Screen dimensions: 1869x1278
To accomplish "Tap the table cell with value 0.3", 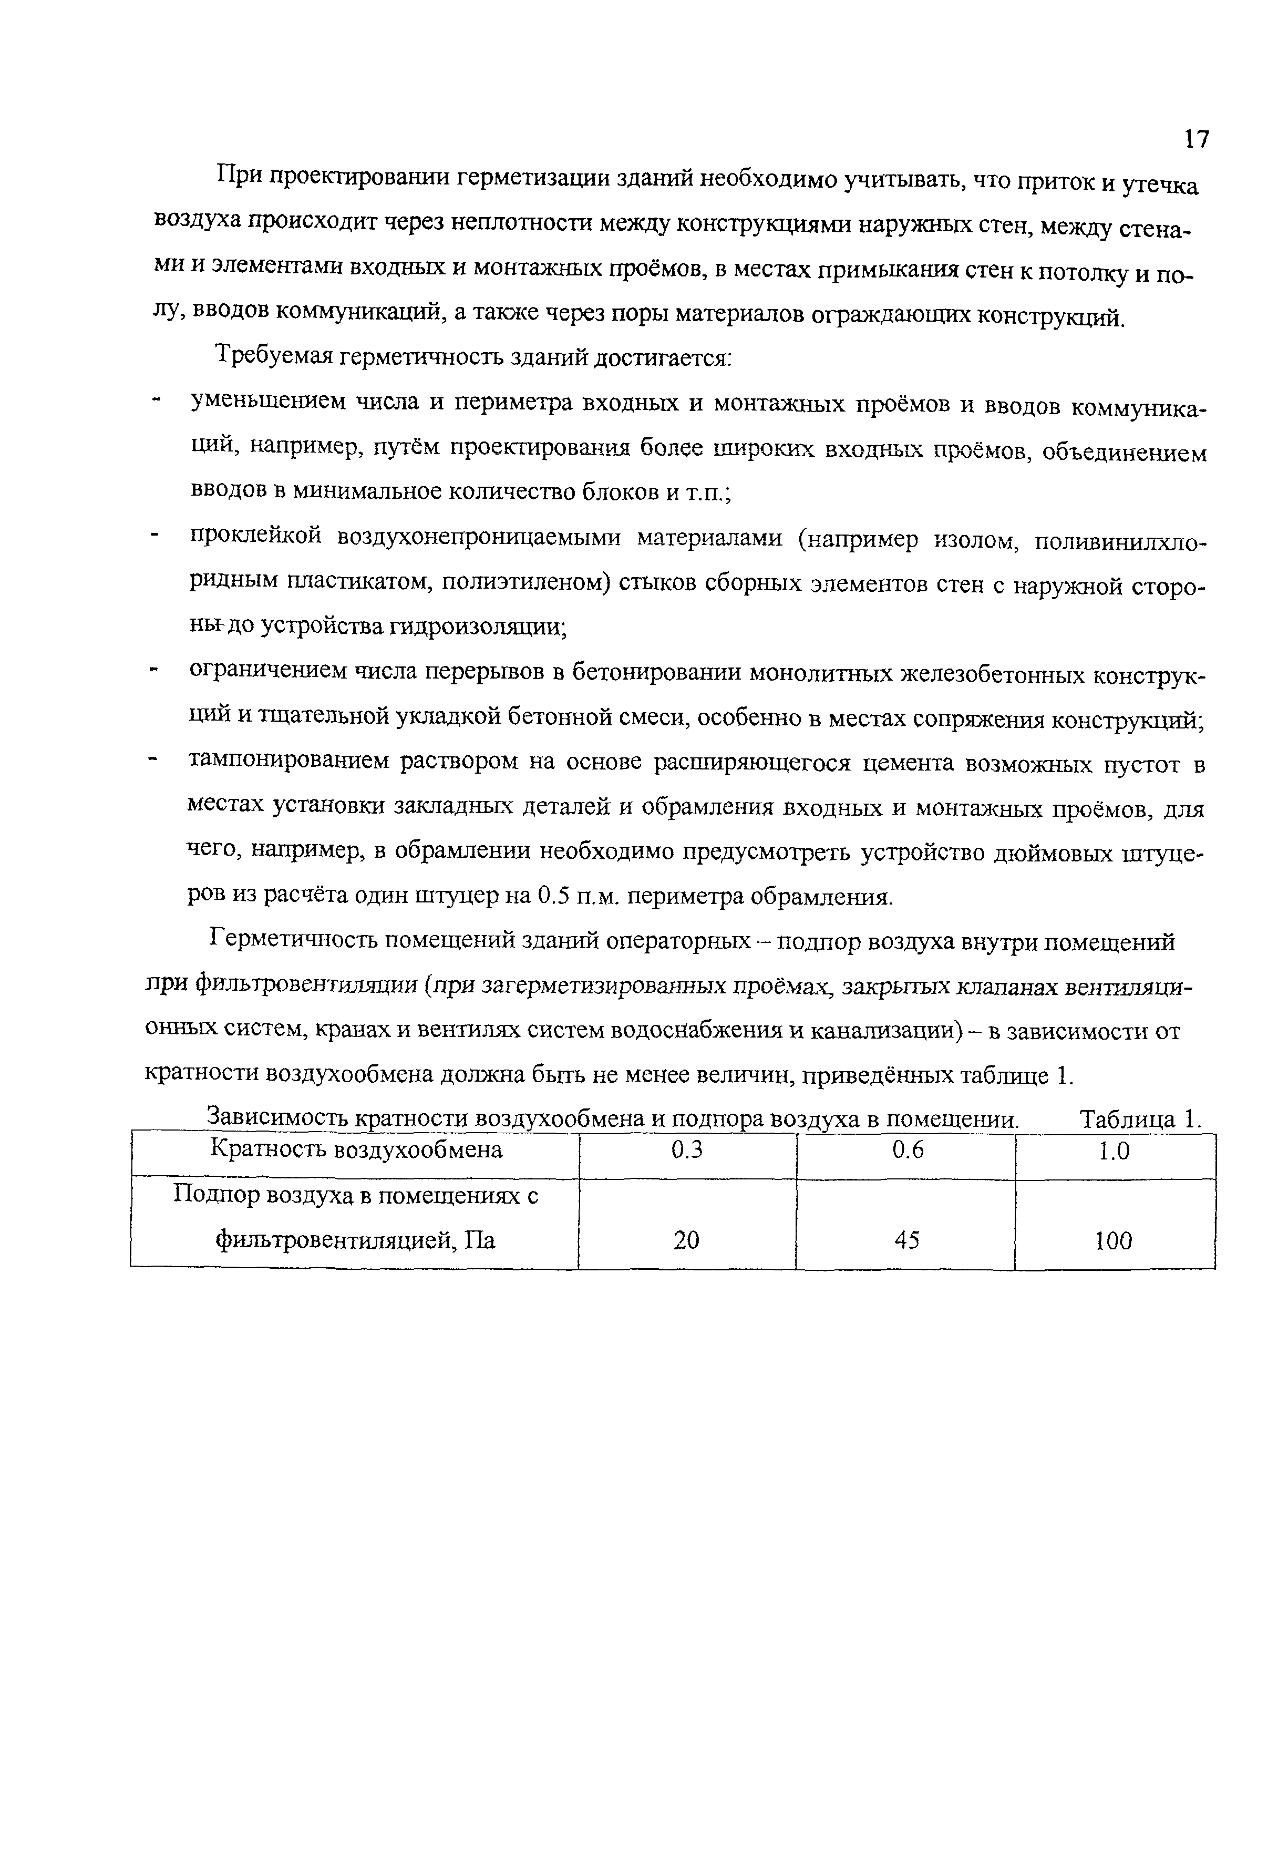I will coord(686,1151).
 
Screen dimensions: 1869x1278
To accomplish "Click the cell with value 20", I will coord(686,1240).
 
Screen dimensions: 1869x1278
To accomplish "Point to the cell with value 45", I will coord(906,1240).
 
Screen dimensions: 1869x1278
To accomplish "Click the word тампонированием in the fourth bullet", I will coord(287,761).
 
